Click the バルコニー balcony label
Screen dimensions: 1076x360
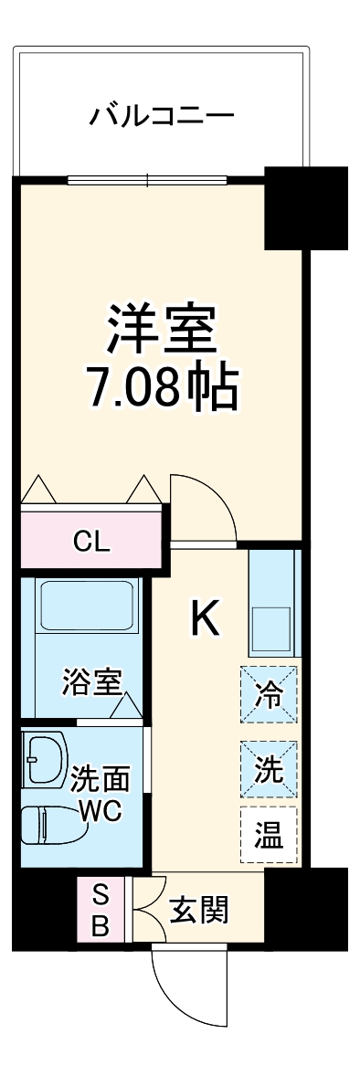coord(162,117)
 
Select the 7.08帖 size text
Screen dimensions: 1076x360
coord(162,388)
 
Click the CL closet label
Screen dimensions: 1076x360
coord(91,542)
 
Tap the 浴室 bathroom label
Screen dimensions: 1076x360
coord(92,682)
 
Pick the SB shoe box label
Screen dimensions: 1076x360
coord(101,910)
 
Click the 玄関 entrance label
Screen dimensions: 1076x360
coord(199,911)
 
